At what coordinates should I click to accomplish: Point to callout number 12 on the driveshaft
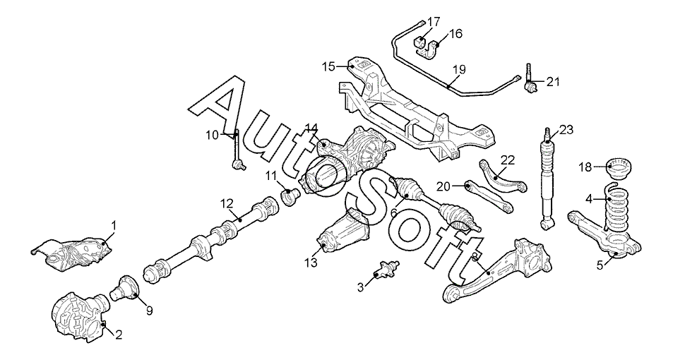226,204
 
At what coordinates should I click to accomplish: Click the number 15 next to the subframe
328,66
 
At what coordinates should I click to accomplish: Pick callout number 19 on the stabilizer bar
459,70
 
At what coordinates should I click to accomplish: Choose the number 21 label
552,82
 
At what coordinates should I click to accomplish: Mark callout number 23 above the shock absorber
567,129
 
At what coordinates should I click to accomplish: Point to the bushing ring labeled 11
290,194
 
